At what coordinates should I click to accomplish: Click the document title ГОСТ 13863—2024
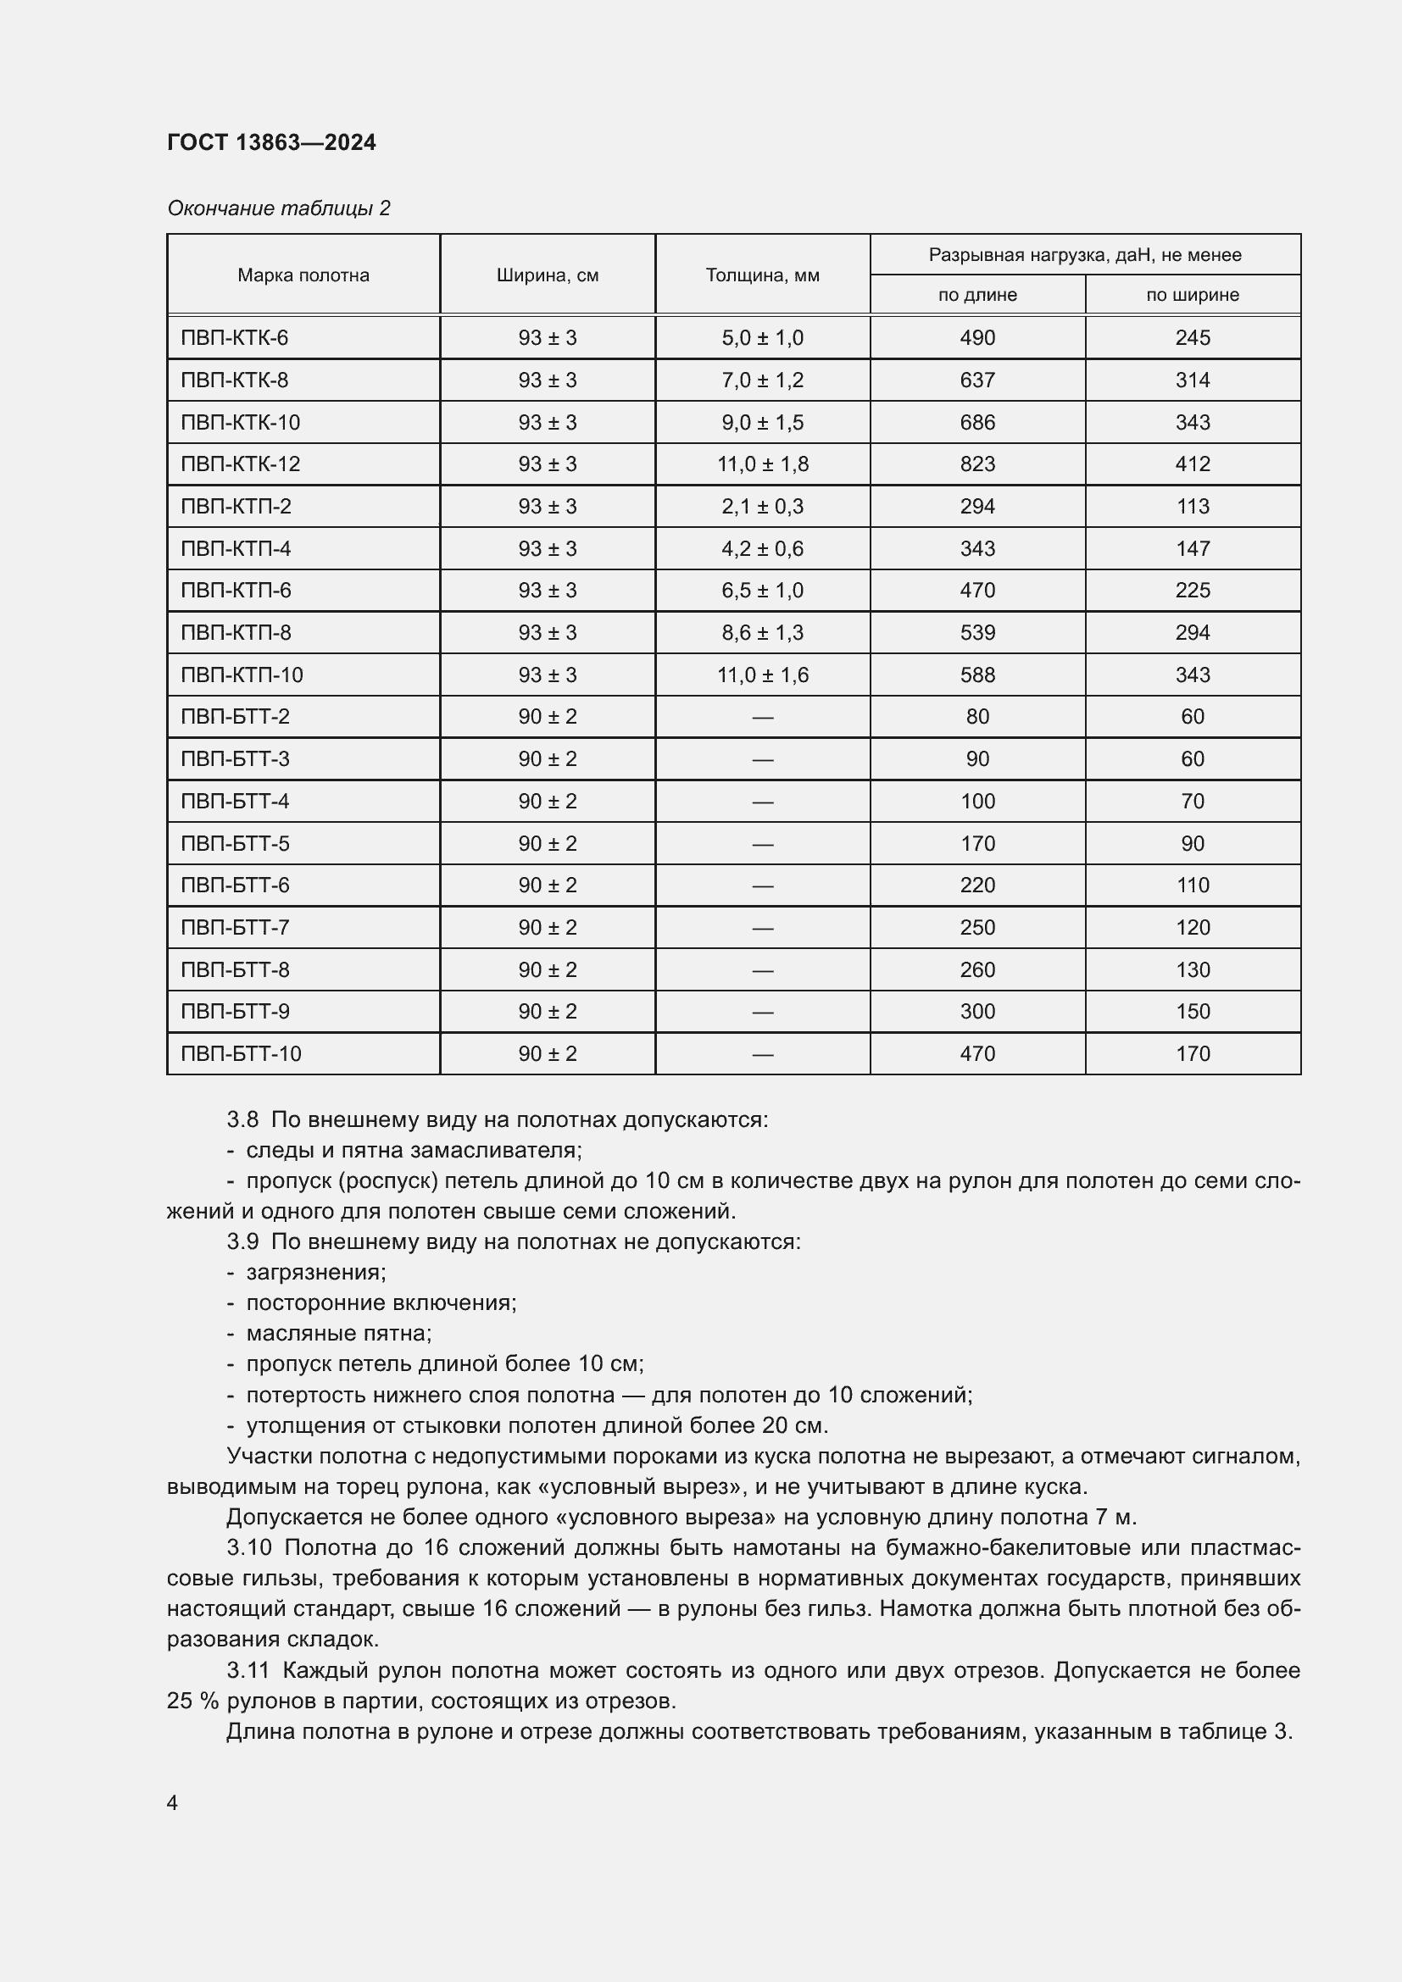(x=271, y=142)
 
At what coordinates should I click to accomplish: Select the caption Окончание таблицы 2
(x=278, y=208)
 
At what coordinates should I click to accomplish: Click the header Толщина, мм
(x=762, y=275)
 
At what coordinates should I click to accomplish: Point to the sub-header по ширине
(x=1193, y=295)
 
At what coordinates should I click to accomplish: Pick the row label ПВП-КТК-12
(x=240, y=464)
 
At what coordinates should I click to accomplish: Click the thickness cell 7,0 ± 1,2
(x=762, y=380)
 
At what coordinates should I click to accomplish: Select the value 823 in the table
(x=977, y=464)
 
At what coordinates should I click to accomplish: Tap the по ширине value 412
(x=1193, y=464)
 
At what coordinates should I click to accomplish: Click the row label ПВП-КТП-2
(x=236, y=507)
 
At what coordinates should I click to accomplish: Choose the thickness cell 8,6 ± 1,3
(x=762, y=633)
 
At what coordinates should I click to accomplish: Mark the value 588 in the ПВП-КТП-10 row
(x=977, y=675)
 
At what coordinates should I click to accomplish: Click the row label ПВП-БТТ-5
(x=235, y=843)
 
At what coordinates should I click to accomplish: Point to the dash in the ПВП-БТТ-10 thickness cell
(x=762, y=1054)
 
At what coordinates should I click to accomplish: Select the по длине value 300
(x=977, y=1012)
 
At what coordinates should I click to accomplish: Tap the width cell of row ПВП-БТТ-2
(x=548, y=717)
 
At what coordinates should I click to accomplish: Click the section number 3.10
(x=248, y=1548)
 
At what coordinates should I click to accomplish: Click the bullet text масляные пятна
(x=337, y=1333)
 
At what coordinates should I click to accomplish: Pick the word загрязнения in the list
(x=315, y=1272)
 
